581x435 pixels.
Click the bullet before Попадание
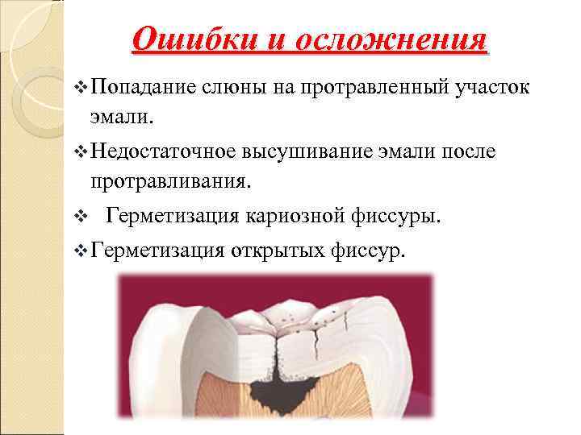click(80, 87)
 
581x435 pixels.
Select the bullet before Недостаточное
click(80, 152)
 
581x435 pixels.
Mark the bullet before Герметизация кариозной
click(80, 217)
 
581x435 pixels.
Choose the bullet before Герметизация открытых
click(80, 252)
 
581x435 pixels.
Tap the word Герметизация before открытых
click(157, 251)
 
